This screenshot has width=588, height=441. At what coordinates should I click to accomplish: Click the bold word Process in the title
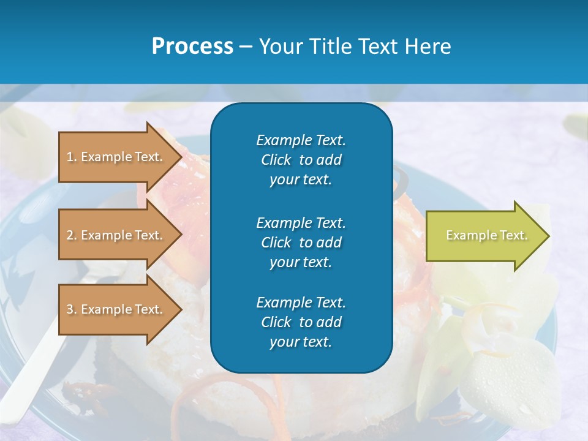click(x=192, y=47)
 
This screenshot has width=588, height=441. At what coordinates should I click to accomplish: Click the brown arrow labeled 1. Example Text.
click(x=116, y=157)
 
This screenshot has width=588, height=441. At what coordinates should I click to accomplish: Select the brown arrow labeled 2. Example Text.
click(x=116, y=235)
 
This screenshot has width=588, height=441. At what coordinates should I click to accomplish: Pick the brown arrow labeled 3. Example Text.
click(x=116, y=309)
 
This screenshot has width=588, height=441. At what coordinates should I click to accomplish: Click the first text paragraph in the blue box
click(x=301, y=160)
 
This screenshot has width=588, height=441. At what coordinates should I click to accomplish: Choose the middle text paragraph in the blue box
click(x=301, y=243)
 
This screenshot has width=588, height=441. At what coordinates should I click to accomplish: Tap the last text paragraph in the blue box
click(x=301, y=322)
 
